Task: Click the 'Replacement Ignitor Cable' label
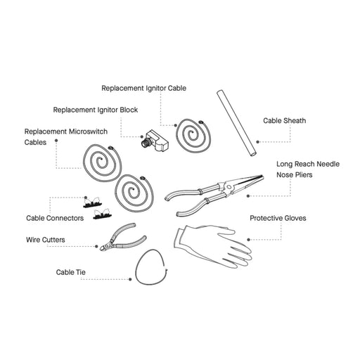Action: (153, 89)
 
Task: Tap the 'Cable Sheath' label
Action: (285, 120)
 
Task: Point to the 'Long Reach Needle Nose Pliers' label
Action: (308, 169)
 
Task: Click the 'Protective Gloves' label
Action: (278, 218)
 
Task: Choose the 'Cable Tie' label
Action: (72, 271)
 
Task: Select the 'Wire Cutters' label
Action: (45, 240)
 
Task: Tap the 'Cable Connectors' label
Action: (55, 218)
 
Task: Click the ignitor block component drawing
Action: (154, 141)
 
